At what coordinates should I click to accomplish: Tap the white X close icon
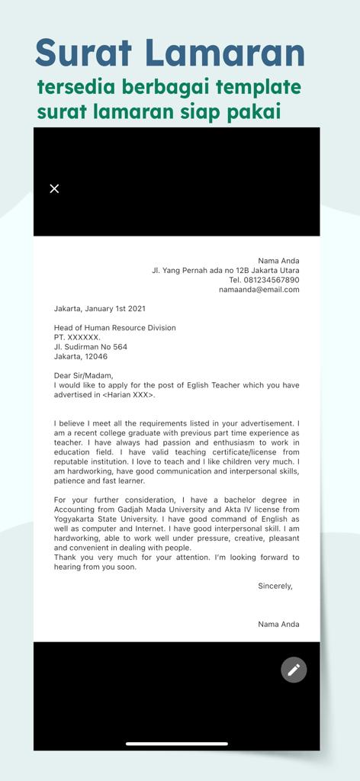(x=54, y=188)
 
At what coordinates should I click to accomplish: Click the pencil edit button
(x=294, y=670)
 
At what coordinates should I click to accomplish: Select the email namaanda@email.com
(x=259, y=290)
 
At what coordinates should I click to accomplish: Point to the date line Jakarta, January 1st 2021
(x=99, y=309)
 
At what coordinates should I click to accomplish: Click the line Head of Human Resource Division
(x=114, y=328)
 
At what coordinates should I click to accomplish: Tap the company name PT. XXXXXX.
(x=77, y=337)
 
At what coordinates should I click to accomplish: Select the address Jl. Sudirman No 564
(x=91, y=347)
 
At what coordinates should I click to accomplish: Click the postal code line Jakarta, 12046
(x=81, y=356)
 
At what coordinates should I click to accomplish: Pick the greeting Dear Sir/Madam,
(x=83, y=375)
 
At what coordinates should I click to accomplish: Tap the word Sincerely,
(x=275, y=586)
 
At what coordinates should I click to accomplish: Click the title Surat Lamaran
(x=170, y=53)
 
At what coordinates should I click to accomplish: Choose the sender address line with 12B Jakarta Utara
(x=225, y=270)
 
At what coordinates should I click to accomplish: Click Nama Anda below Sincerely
(x=278, y=624)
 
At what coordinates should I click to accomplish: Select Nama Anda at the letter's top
(x=278, y=261)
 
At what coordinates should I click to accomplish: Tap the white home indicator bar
(x=177, y=743)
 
